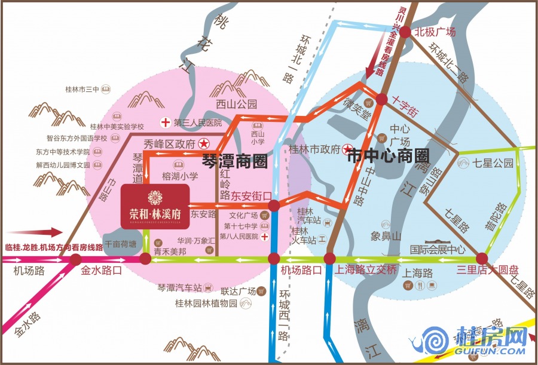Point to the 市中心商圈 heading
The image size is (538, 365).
389,157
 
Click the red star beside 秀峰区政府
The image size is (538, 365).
204,144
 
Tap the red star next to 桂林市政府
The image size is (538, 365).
346,149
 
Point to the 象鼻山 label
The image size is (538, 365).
384,235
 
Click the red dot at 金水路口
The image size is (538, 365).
76,259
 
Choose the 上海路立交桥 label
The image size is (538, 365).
366,269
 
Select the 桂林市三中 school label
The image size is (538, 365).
82,90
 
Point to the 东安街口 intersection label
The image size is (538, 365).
251,195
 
